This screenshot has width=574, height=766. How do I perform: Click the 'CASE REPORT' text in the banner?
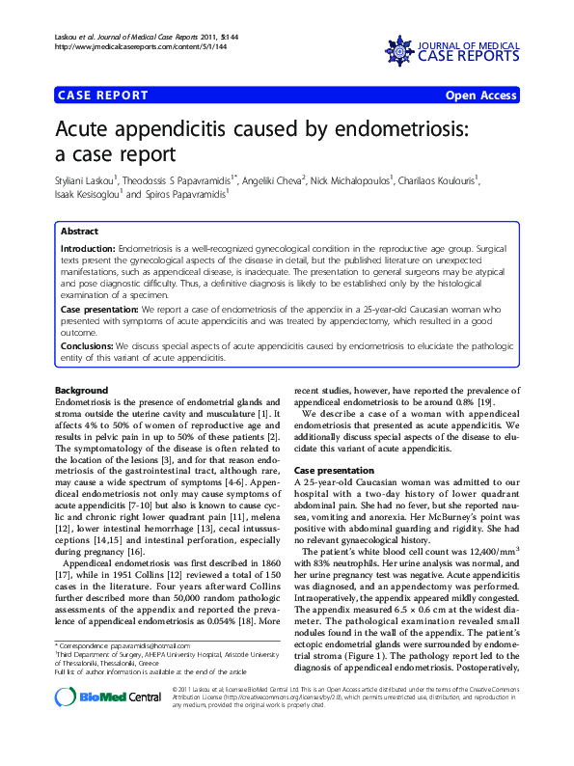click(x=103, y=96)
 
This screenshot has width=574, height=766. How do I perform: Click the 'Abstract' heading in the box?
click(x=79, y=233)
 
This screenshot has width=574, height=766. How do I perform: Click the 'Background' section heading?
click(x=81, y=390)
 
